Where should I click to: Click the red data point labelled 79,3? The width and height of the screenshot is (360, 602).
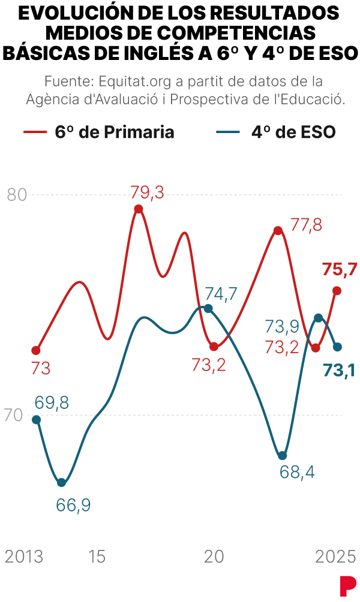click(x=139, y=209)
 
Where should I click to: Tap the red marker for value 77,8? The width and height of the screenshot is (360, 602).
click(x=278, y=231)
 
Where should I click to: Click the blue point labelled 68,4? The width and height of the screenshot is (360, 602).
click(x=283, y=456)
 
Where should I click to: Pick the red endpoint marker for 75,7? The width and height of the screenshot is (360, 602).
click(x=337, y=291)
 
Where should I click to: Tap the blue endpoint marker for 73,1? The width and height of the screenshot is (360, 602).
click(x=337, y=347)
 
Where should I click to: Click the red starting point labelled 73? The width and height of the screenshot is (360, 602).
click(x=36, y=350)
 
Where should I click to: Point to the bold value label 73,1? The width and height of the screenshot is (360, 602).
click(x=338, y=371)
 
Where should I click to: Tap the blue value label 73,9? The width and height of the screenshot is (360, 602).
click(x=282, y=326)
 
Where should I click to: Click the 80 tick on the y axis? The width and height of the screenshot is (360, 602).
click(x=17, y=195)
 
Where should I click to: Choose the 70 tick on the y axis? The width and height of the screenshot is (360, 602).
click(x=14, y=415)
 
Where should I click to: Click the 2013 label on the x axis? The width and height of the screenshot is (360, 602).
click(x=24, y=557)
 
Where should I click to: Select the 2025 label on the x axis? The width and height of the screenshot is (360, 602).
click(x=335, y=557)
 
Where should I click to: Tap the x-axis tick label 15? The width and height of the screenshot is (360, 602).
click(x=97, y=557)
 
